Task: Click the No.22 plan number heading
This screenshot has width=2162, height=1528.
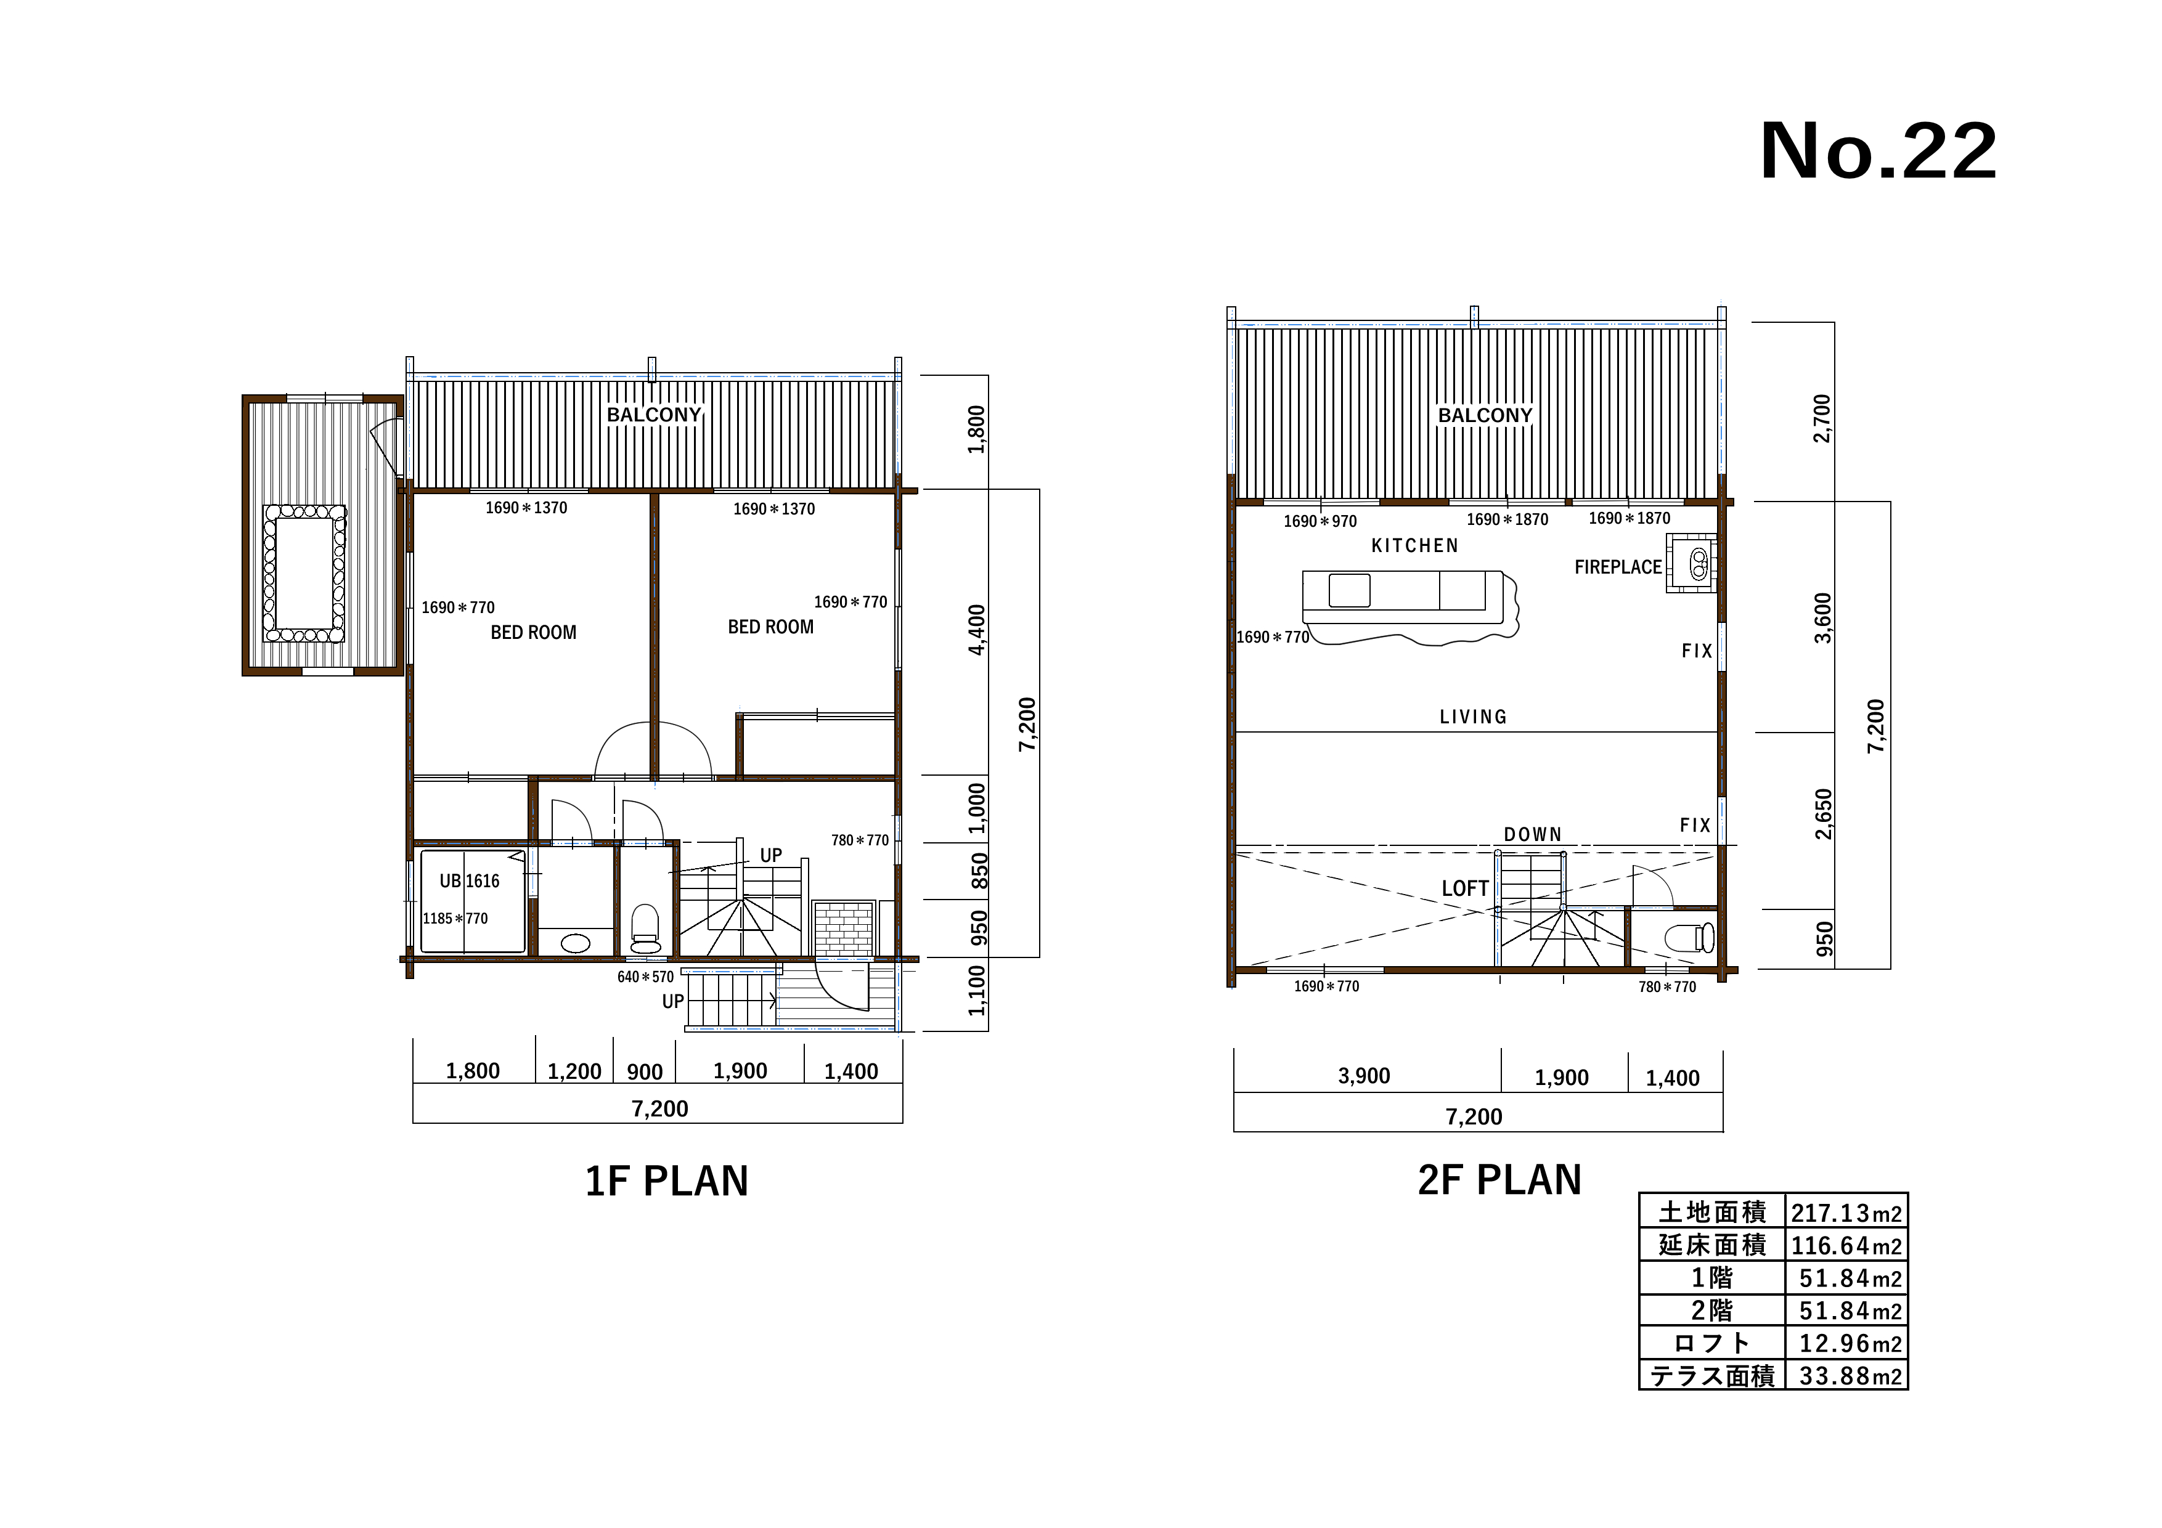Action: [x=1878, y=152]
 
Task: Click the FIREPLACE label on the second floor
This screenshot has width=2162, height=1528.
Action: [x=1618, y=567]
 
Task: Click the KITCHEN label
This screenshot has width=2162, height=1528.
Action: [x=1414, y=545]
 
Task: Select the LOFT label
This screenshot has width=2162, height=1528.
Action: [x=1465, y=888]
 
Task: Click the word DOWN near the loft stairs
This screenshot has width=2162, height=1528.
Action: [x=1532, y=834]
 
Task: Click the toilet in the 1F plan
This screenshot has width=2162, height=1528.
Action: [x=645, y=929]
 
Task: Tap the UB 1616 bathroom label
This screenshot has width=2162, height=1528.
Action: [x=469, y=881]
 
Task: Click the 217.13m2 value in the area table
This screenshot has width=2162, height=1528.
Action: [x=1846, y=1213]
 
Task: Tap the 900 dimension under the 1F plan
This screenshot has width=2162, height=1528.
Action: [x=645, y=1072]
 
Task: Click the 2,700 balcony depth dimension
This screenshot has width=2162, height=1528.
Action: [x=1823, y=418]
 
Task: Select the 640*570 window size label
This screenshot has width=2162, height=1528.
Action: [x=645, y=977]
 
